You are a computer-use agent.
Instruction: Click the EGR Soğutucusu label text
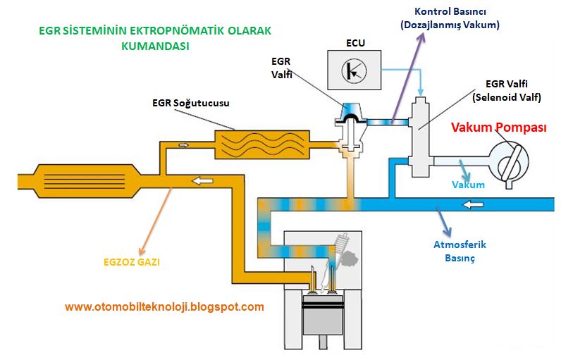190,103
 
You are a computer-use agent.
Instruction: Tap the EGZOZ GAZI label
123,262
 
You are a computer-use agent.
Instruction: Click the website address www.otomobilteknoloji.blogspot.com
164,306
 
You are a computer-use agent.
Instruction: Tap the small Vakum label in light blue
469,185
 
